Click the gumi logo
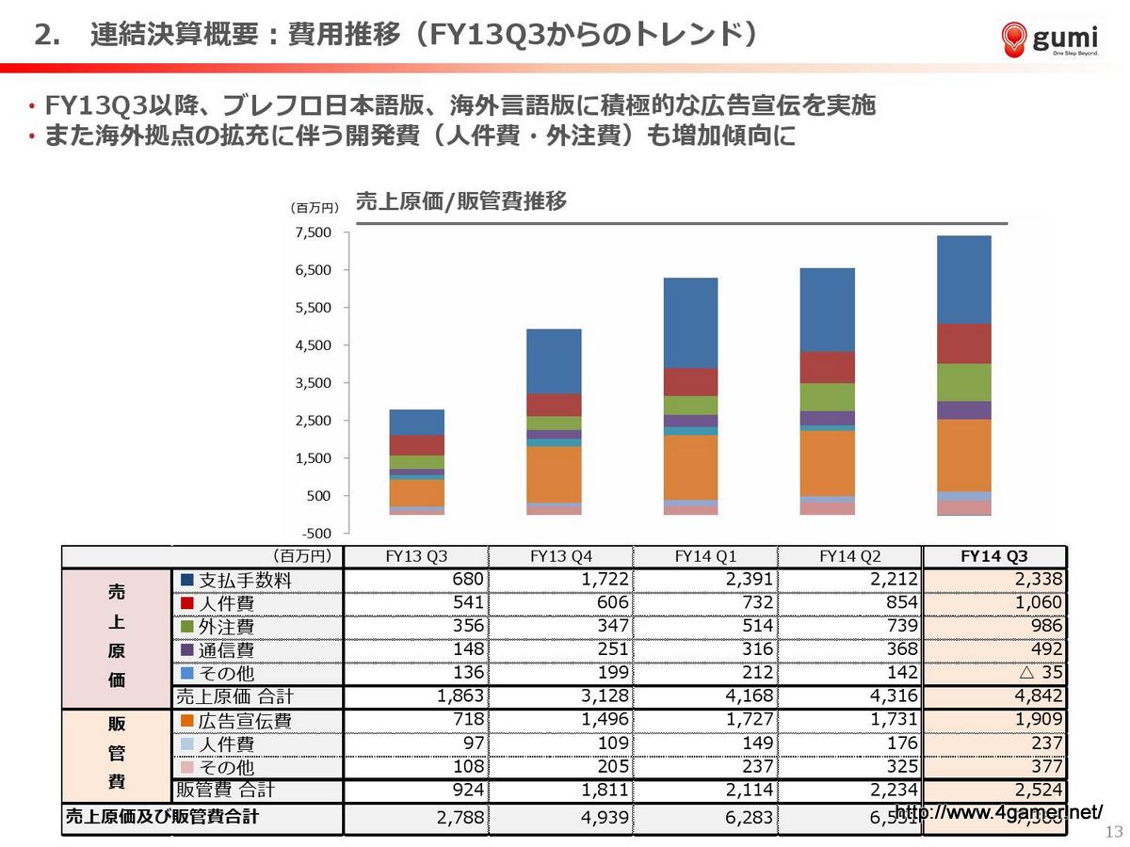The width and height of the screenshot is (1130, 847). click(1050, 39)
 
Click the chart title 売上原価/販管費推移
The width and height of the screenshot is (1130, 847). click(460, 201)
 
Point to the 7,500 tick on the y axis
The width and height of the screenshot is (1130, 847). click(314, 233)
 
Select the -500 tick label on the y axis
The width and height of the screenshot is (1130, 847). click(315, 534)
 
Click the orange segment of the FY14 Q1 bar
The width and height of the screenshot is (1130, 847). click(691, 467)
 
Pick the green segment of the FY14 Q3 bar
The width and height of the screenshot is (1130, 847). click(963, 382)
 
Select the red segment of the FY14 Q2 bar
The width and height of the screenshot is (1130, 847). click(827, 367)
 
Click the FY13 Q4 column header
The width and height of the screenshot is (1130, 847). click(561, 556)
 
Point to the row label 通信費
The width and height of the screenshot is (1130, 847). click(225, 650)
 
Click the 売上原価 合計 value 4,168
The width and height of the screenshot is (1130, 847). click(748, 696)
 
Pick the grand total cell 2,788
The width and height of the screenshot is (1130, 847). click(460, 817)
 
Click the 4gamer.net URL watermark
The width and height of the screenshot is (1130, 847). click(998, 812)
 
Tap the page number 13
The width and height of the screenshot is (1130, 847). click(1114, 831)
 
